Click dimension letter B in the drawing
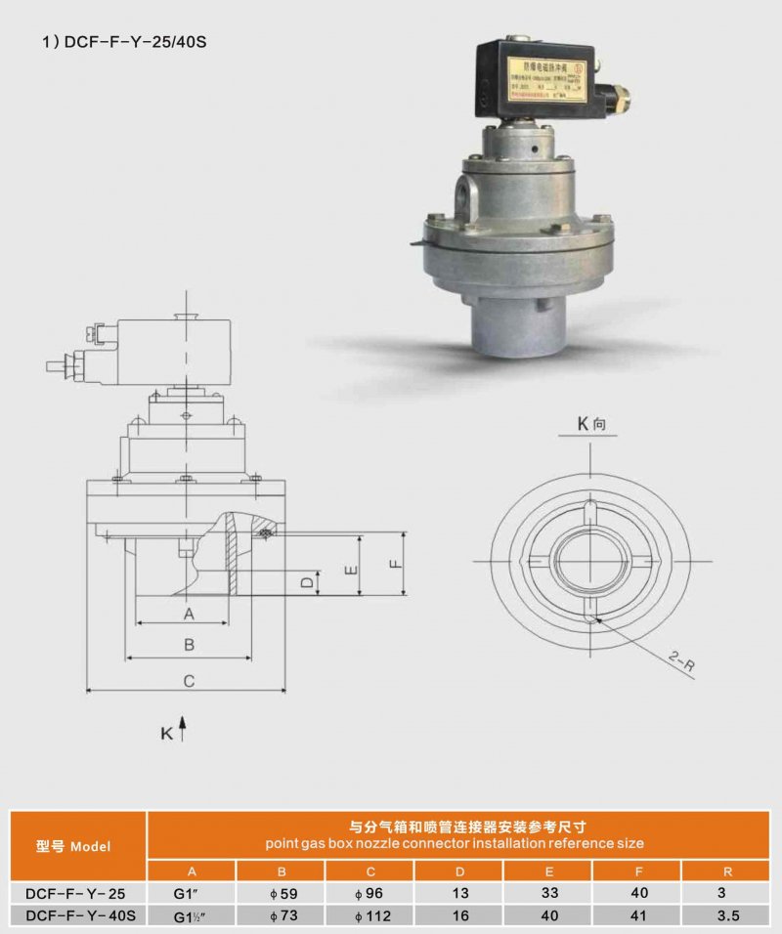tap(190, 645)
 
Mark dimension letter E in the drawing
tap(351, 569)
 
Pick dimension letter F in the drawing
tap(394, 564)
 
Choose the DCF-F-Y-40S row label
tap(74, 915)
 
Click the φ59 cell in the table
tap(281, 893)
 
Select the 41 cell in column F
tap(638, 915)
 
